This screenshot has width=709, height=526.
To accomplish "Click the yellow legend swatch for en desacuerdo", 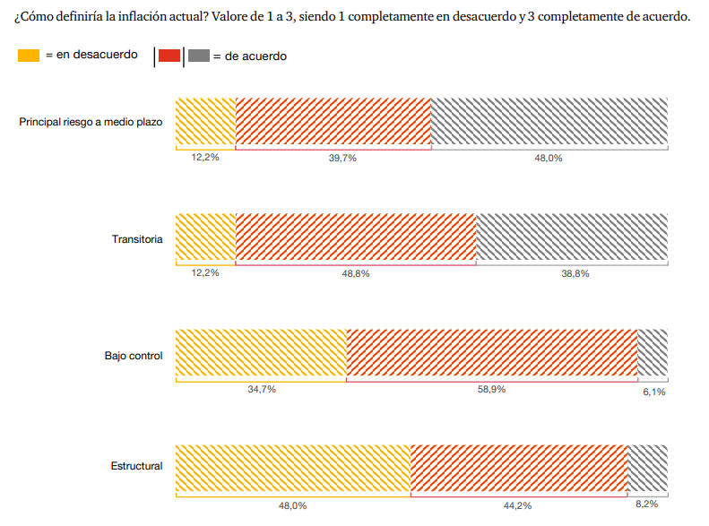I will [29, 56].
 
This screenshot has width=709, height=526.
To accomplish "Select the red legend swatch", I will [169, 56].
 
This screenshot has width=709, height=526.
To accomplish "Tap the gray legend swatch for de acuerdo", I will [199, 56].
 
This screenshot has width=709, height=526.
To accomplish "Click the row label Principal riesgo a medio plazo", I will [91, 121].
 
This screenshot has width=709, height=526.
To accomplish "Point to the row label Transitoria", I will [137, 238].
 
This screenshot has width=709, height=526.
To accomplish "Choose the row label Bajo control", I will [134, 356].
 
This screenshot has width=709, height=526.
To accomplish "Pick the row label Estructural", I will [136, 466].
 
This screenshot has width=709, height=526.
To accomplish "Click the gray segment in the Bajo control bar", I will [653, 353].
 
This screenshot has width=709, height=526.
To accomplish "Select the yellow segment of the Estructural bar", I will [293, 469].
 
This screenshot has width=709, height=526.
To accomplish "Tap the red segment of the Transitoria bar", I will [355, 237].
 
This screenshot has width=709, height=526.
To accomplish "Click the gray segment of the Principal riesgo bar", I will [549, 121].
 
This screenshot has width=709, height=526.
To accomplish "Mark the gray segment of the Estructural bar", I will [647, 469].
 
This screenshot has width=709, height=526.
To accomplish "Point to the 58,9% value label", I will [492, 390].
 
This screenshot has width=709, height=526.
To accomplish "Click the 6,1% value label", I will [654, 392].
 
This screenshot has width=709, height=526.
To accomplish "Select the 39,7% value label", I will [342, 158].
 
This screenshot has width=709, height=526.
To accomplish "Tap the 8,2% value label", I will [647, 504].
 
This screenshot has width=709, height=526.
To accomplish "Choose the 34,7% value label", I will [262, 390].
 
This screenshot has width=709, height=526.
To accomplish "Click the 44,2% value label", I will [517, 506].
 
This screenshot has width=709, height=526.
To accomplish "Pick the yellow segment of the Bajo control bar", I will [261, 353].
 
